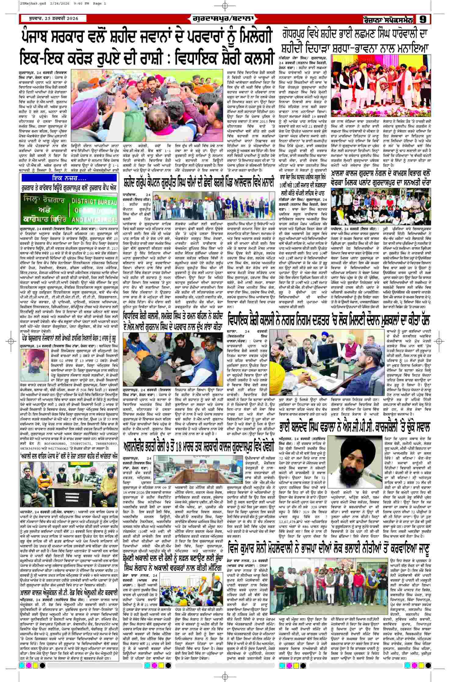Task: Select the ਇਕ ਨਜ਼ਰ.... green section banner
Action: pyautogui.click(x=69, y=177)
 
